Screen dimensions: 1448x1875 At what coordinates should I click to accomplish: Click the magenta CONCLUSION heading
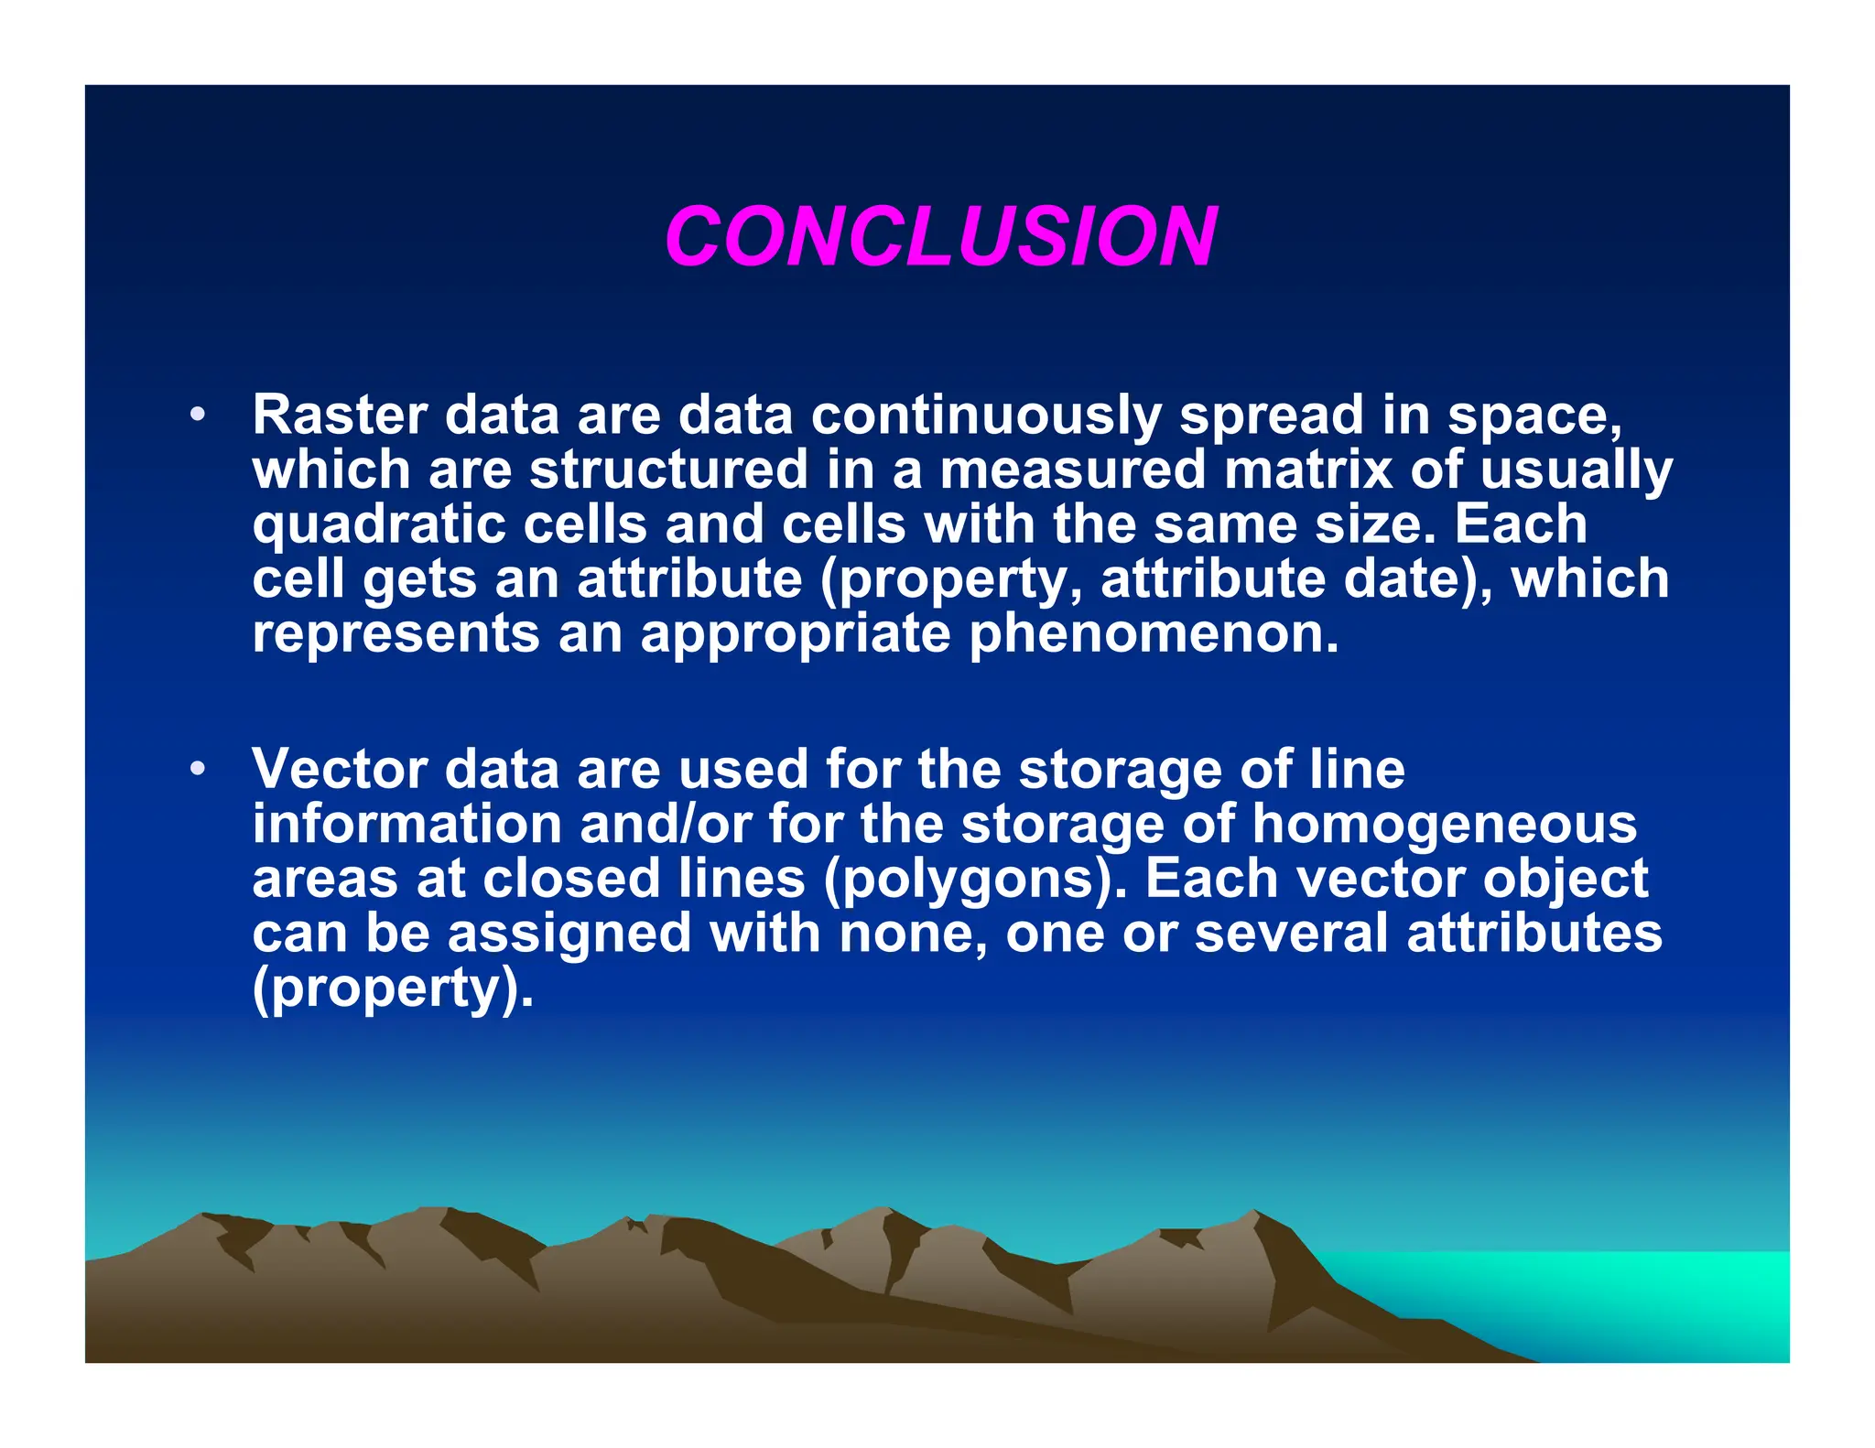tap(940, 236)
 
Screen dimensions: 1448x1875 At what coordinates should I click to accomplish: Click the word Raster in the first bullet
tap(340, 415)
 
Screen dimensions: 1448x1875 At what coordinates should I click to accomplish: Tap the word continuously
tap(985, 415)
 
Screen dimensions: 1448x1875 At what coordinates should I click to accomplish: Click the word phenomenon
tap(1154, 633)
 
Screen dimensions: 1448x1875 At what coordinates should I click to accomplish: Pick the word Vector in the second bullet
tap(340, 769)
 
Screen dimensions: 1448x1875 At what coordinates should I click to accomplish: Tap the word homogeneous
tap(1444, 824)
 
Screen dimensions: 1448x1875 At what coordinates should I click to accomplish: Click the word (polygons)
tap(975, 879)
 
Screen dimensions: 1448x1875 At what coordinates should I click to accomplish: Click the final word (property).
tap(393, 989)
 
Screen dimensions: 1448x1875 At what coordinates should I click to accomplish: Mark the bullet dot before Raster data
tap(197, 415)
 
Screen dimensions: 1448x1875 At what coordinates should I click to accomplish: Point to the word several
tap(1292, 934)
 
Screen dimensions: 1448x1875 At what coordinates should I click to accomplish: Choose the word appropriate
tap(796, 633)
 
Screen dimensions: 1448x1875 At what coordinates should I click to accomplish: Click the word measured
tap(1073, 470)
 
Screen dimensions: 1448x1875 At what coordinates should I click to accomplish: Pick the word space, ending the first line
tap(1534, 415)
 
